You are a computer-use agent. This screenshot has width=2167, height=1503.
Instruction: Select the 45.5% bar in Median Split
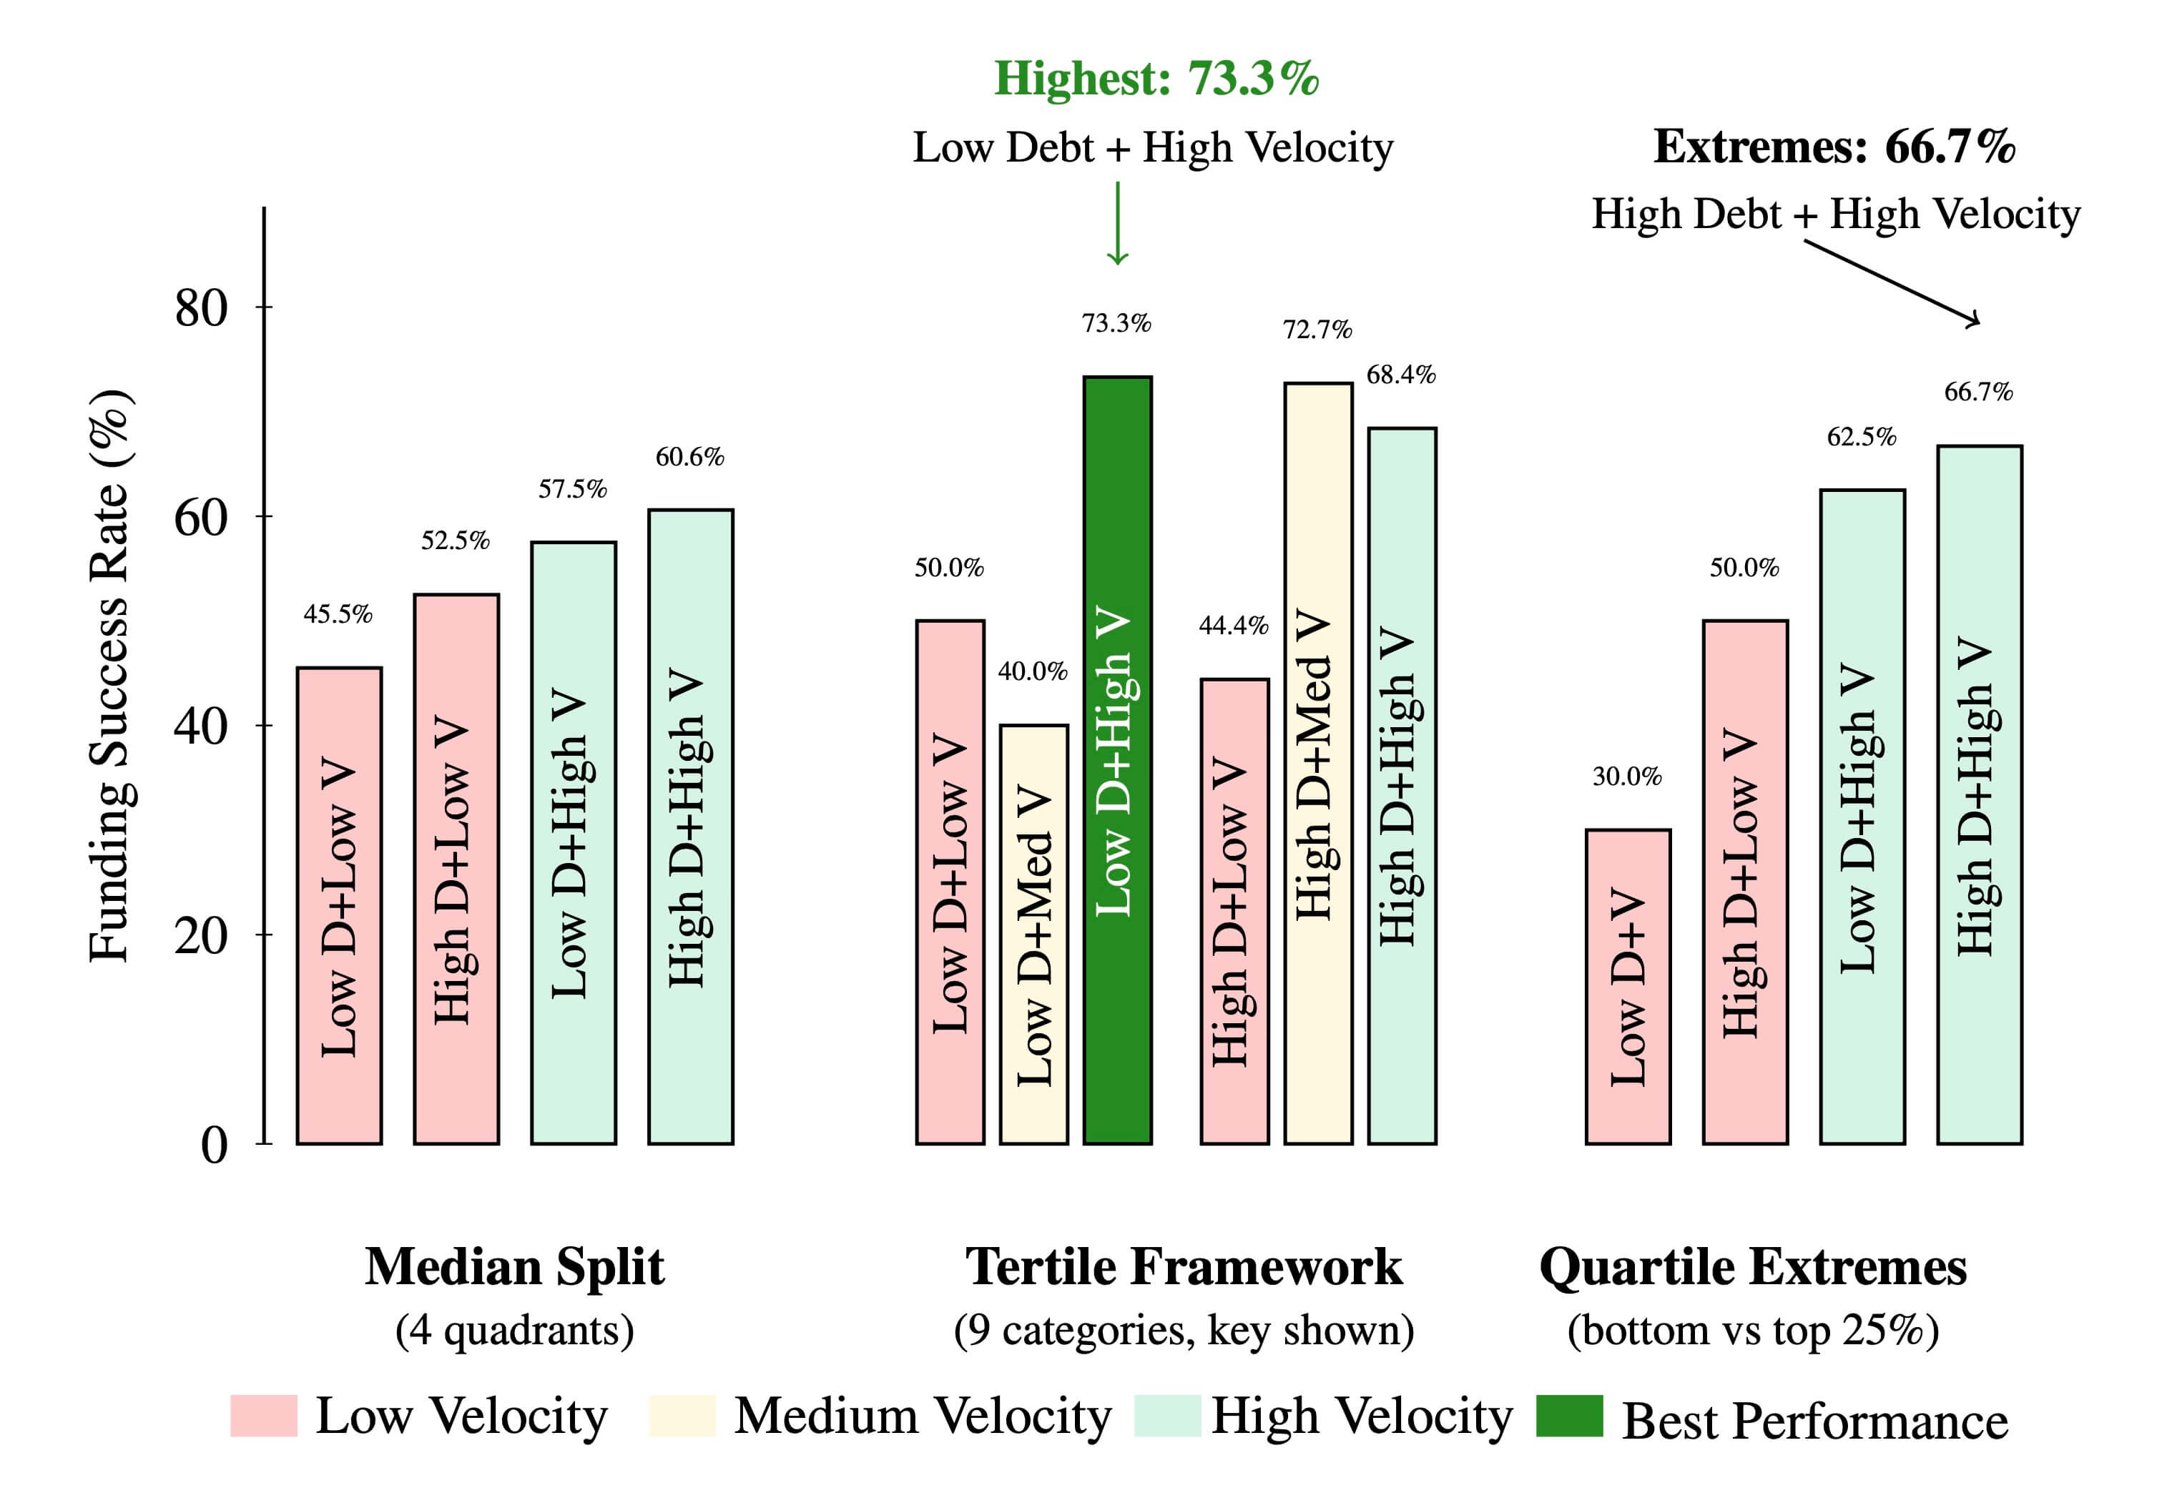pyautogui.click(x=339, y=905)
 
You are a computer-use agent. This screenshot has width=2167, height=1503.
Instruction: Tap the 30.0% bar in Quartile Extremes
pyautogui.click(x=1627, y=986)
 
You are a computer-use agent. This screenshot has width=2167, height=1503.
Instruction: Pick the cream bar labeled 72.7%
pyautogui.click(x=1317, y=763)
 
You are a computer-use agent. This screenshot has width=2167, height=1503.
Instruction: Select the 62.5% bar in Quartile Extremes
pyautogui.click(x=1862, y=816)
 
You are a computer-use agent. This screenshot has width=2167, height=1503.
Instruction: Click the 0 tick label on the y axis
pyautogui.click(x=214, y=1145)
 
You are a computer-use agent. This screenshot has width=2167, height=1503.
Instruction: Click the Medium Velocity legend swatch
pyautogui.click(x=682, y=1416)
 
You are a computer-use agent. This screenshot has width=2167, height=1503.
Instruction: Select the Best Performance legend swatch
pyautogui.click(x=1569, y=1416)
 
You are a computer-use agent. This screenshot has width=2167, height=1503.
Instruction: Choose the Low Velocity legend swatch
pyautogui.click(x=264, y=1416)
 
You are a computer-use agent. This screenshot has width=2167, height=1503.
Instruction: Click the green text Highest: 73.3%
pyautogui.click(x=1156, y=78)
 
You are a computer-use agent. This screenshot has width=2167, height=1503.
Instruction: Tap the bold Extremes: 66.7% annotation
pyautogui.click(x=1834, y=147)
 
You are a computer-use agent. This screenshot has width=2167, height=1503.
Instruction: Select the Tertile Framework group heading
pyautogui.click(x=1183, y=1266)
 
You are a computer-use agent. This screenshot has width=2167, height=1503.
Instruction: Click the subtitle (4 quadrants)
pyautogui.click(x=514, y=1330)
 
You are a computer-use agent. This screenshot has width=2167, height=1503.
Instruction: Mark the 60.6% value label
pyautogui.click(x=689, y=457)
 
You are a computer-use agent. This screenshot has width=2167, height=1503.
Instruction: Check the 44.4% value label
pyautogui.click(x=1233, y=626)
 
